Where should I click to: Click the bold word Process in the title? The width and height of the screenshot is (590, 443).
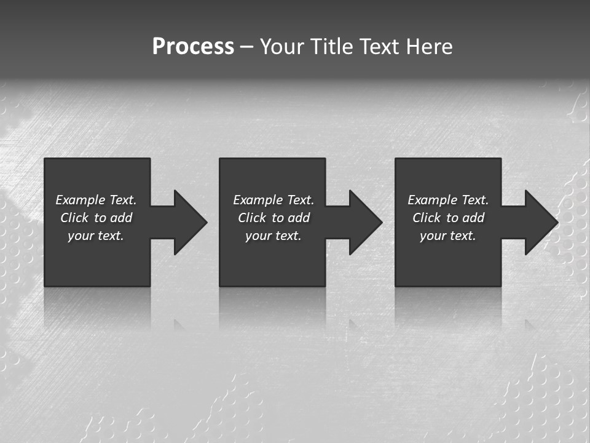(193, 47)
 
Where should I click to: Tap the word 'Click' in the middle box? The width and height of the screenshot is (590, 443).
(252, 218)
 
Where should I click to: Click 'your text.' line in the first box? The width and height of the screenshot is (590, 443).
(96, 236)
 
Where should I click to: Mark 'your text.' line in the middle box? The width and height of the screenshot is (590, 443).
(273, 236)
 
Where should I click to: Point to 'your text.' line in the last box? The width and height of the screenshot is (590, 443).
(448, 236)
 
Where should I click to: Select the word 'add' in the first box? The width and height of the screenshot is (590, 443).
(121, 218)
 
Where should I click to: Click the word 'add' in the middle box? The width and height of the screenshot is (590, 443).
(299, 218)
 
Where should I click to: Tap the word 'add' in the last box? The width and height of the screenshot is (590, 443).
(473, 218)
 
